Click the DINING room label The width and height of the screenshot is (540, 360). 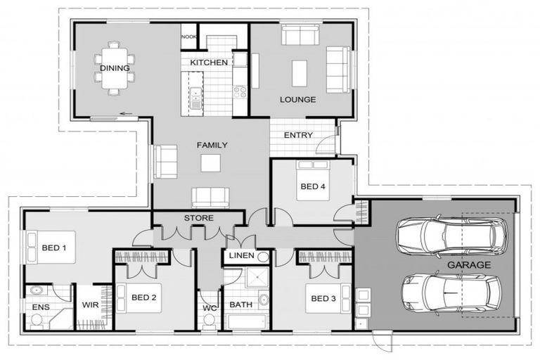coord(115,68)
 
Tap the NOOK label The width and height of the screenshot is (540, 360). coord(188,37)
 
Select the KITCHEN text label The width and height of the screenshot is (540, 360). coord(209,63)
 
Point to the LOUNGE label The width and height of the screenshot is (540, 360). coord(297,99)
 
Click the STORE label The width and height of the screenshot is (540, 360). coord(198,218)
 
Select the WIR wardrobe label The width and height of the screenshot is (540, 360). coord(91,305)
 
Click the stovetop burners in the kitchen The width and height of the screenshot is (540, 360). coord(240,91)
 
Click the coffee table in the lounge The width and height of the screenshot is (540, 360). coord(300,72)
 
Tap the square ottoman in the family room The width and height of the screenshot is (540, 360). coord(210,163)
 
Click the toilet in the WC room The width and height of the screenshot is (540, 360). coord(208,321)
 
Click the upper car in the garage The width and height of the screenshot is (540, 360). coord(451,236)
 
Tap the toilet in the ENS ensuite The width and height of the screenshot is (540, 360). coord(37,320)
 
